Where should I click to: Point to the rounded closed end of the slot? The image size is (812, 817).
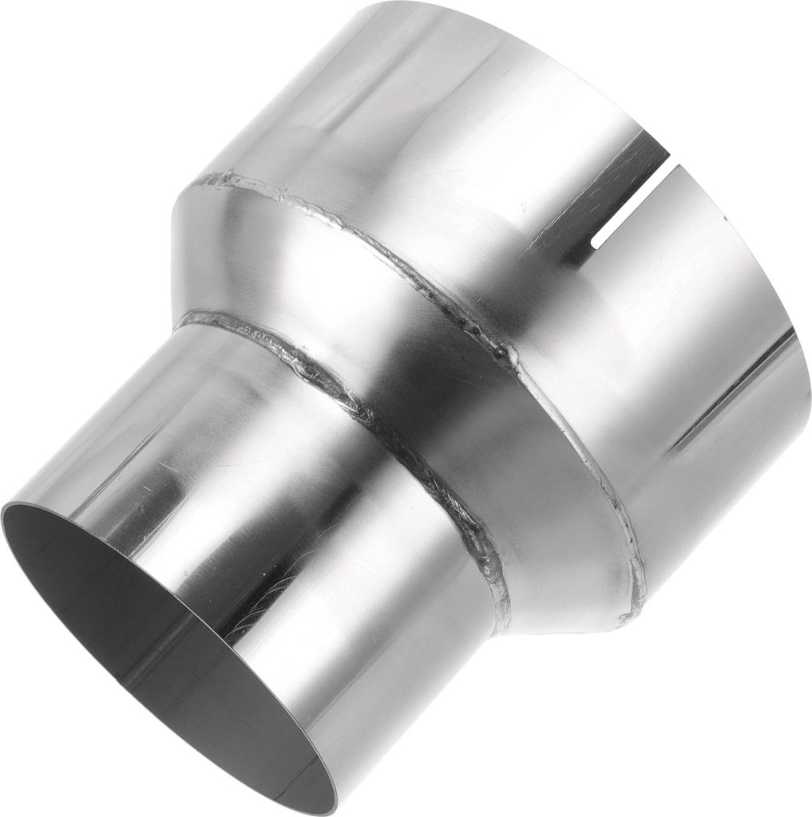click(x=598, y=239)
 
